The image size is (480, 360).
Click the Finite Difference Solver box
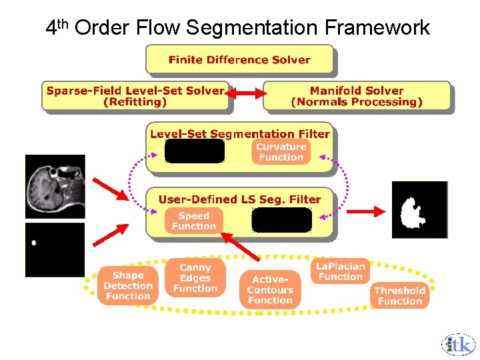pyautogui.click(x=239, y=59)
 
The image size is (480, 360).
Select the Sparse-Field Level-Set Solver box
pyautogui.click(x=135, y=96)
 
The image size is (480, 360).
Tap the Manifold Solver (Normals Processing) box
pyautogui.click(x=357, y=96)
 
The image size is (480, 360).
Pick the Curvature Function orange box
pyautogui.click(x=281, y=152)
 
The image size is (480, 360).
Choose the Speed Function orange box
pyautogui.click(x=194, y=221)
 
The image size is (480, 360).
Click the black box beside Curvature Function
pyautogui.click(x=195, y=151)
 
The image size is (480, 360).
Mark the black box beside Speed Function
pyautogui.click(x=281, y=220)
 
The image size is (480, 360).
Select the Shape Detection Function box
pyautogui.click(x=127, y=285)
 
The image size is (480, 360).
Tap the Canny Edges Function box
pyautogui.click(x=195, y=278)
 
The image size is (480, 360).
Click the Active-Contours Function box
pyautogui.click(x=270, y=290)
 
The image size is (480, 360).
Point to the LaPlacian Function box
pyautogui.click(x=340, y=271)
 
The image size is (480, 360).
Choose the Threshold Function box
pyautogui.click(x=399, y=295)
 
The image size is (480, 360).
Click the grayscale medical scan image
pyautogui.click(x=55, y=186)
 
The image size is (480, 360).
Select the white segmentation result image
pyautogui.click(x=419, y=209)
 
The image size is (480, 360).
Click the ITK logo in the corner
pyautogui.click(x=458, y=343)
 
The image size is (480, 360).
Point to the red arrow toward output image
pyautogui.click(x=366, y=211)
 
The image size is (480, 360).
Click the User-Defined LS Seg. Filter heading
pyautogui.click(x=239, y=199)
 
